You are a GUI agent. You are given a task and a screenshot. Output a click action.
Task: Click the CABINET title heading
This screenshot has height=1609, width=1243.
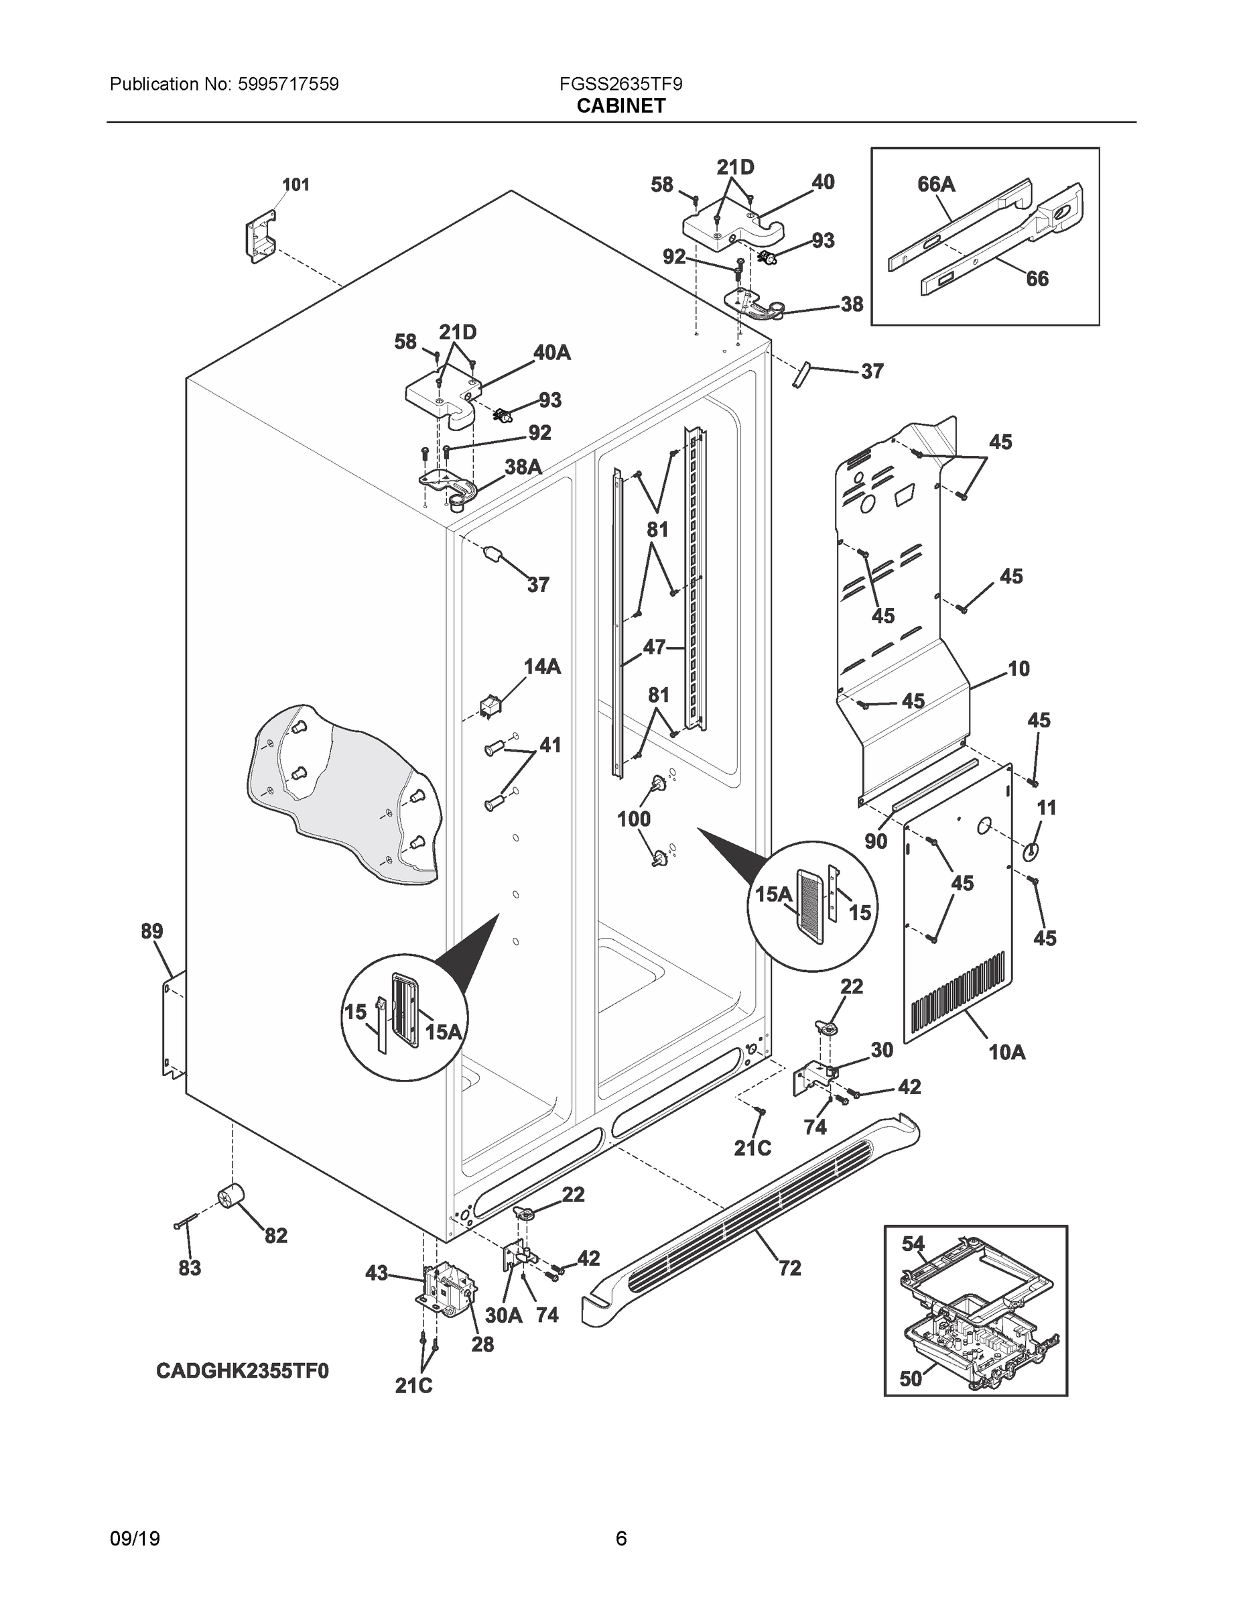tap(620, 106)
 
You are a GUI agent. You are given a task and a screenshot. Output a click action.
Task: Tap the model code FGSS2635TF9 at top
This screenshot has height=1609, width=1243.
tap(620, 84)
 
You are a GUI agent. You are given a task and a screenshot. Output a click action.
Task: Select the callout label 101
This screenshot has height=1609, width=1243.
tap(296, 185)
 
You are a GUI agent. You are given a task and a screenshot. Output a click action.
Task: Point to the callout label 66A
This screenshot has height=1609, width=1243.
tap(936, 184)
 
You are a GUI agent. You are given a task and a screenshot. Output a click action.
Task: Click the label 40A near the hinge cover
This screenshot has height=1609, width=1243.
tap(551, 353)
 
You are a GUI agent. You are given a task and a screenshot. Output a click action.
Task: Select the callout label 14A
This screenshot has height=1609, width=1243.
tap(542, 667)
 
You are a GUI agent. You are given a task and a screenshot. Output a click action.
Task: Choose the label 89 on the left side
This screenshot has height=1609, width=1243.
tap(151, 931)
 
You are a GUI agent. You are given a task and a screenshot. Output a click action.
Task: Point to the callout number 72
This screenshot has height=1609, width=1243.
tap(789, 1268)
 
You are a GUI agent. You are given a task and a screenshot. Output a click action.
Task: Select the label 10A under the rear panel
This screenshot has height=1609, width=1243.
tap(1006, 1053)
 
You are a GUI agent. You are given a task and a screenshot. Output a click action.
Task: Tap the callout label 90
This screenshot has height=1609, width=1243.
tap(876, 841)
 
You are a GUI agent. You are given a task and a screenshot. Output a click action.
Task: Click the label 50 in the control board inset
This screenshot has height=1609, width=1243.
tap(911, 1378)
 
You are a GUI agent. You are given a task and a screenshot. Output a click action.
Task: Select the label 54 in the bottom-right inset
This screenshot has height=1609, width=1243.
tap(913, 1244)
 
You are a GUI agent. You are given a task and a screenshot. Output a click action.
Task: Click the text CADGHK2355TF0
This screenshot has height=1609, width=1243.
tap(243, 1371)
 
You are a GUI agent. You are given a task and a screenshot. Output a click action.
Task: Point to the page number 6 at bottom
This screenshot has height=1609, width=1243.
tap(620, 1539)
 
